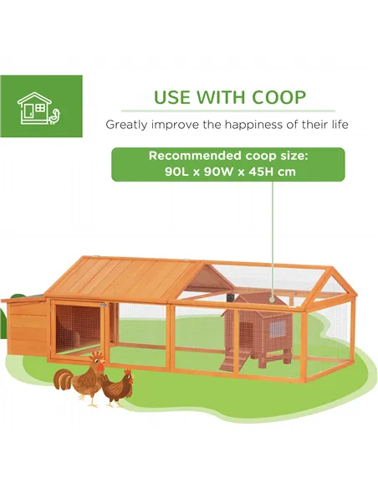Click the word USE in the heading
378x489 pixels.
point(171,96)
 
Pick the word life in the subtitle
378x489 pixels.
point(336,125)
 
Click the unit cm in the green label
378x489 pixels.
point(284,172)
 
